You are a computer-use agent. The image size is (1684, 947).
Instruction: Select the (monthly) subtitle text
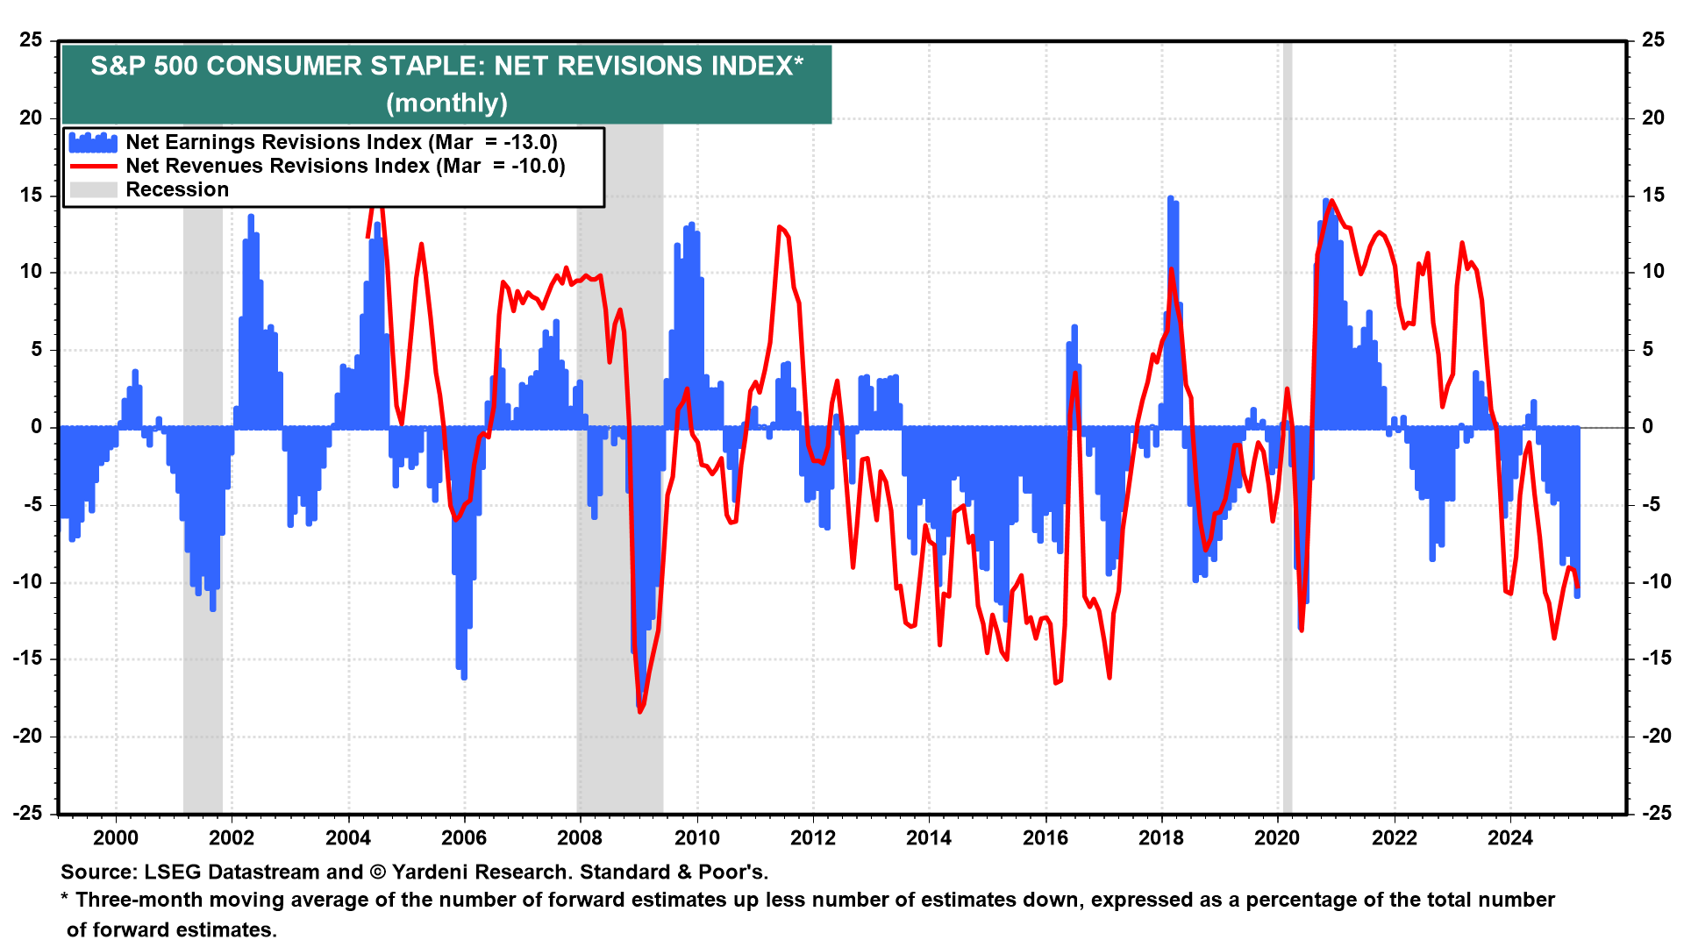coord(446,103)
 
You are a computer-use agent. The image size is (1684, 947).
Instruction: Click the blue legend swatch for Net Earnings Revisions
coord(93,142)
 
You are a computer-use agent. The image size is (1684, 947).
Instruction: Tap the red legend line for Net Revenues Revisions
coord(93,166)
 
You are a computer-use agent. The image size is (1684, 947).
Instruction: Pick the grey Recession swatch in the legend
coord(93,189)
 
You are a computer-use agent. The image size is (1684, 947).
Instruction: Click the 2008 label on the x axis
coord(580,838)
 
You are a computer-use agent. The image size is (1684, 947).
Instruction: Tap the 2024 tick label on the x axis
coord(1509,838)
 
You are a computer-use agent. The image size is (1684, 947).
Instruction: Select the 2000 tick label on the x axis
coord(116,838)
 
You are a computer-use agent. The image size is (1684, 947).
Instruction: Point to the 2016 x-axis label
coord(1045,838)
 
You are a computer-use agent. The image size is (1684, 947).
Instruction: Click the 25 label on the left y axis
coord(32,40)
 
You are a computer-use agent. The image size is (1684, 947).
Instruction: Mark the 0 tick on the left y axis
coord(36,427)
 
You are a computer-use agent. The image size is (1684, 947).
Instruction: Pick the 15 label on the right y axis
coord(1652,196)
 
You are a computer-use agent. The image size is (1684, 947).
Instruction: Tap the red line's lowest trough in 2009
coord(640,711)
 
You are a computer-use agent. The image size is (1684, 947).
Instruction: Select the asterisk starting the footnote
coord(65,899)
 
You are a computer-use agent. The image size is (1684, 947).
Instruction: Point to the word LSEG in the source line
coord(171,872)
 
